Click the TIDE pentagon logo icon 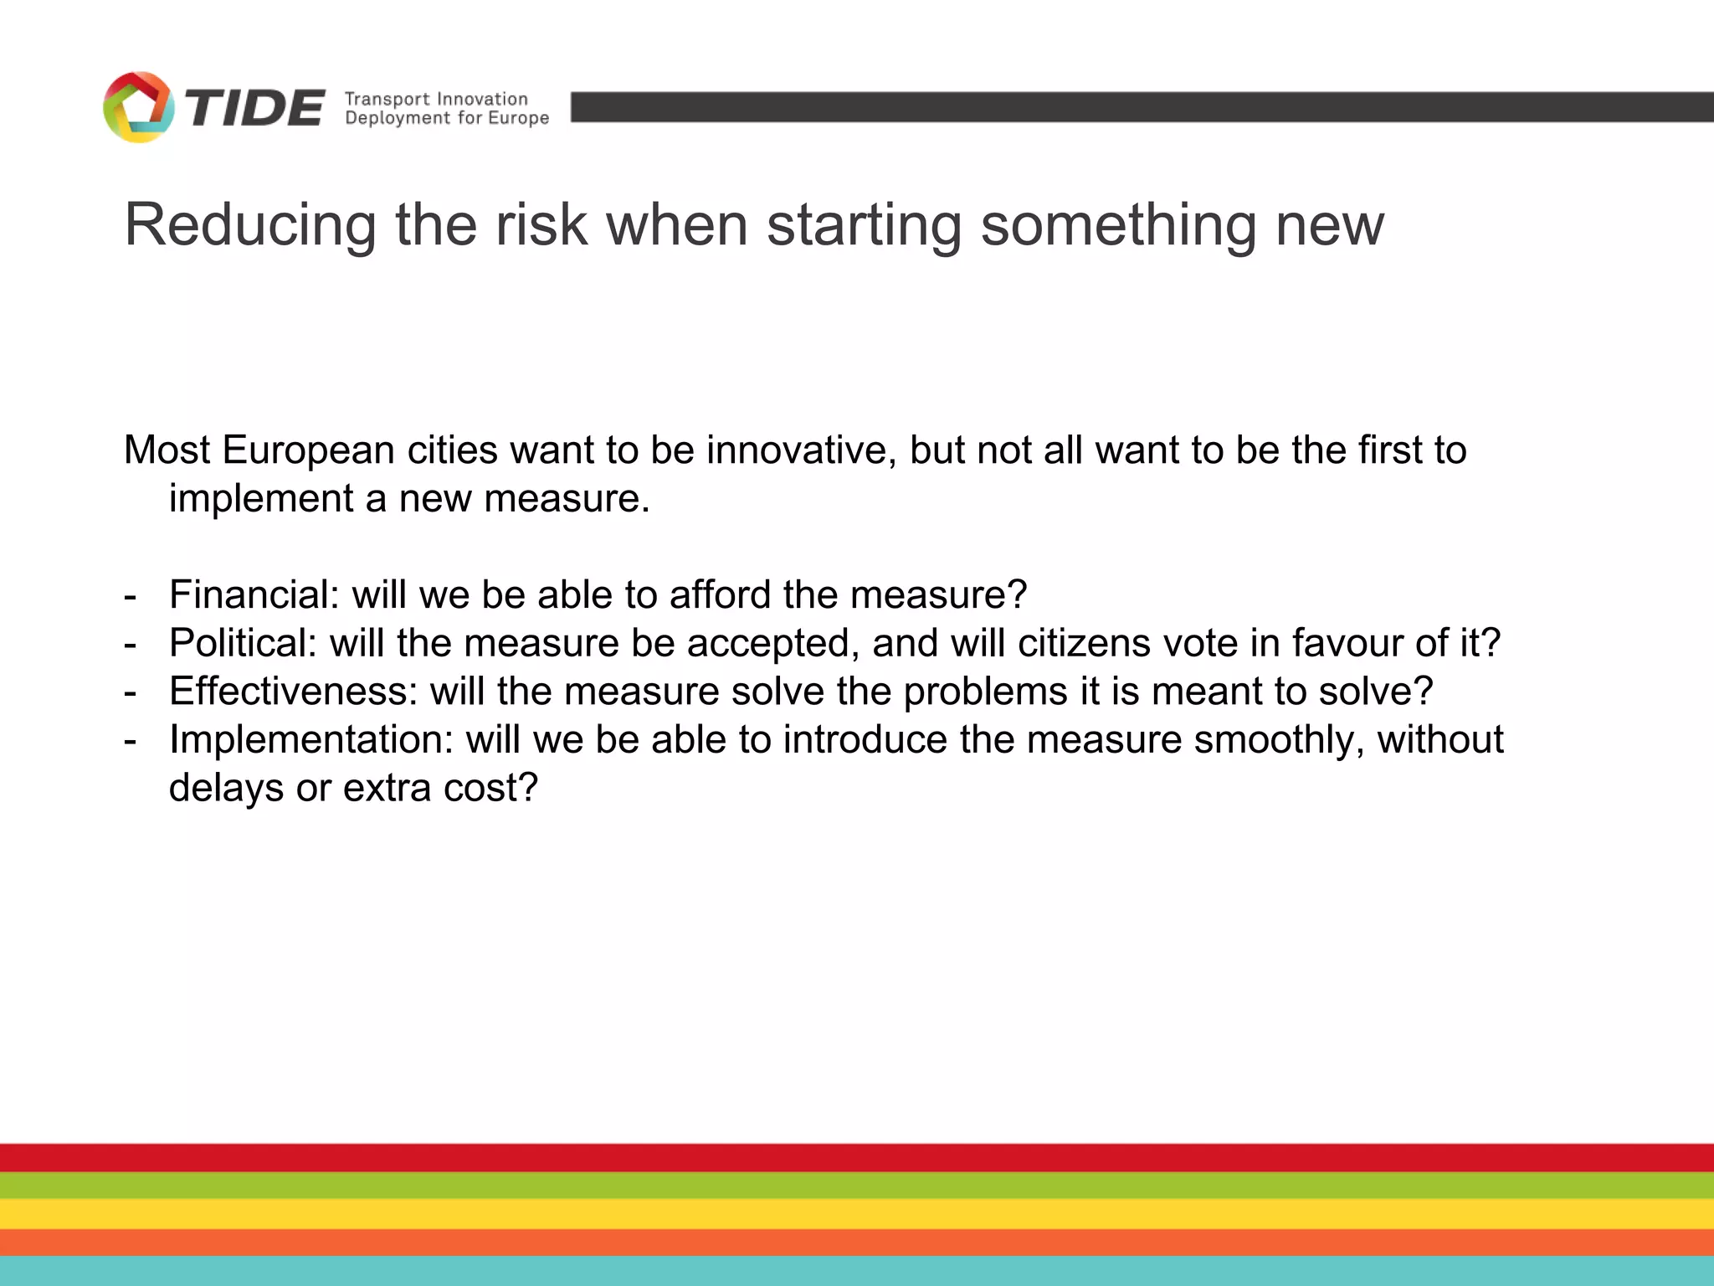pyautogui.click(x=138, y=107)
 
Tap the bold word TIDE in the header pyautogui.click(x=254, y=108)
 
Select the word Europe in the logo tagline pyautogui.click(x=519, y=118)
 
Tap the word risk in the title pyautogui.click(x=541, y=225)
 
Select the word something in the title pyautogui.click(x=1118, y=225)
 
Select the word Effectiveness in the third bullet pyautogui.click(x=293, y=692)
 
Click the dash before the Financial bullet pyautogui.click(x=130, y=596)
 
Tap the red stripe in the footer pyautogui.click(x=857, y=1157)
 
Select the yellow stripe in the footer pyautogui.click(x=857, y=1213)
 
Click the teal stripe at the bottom pyautogui.click(x=857, y=1271)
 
